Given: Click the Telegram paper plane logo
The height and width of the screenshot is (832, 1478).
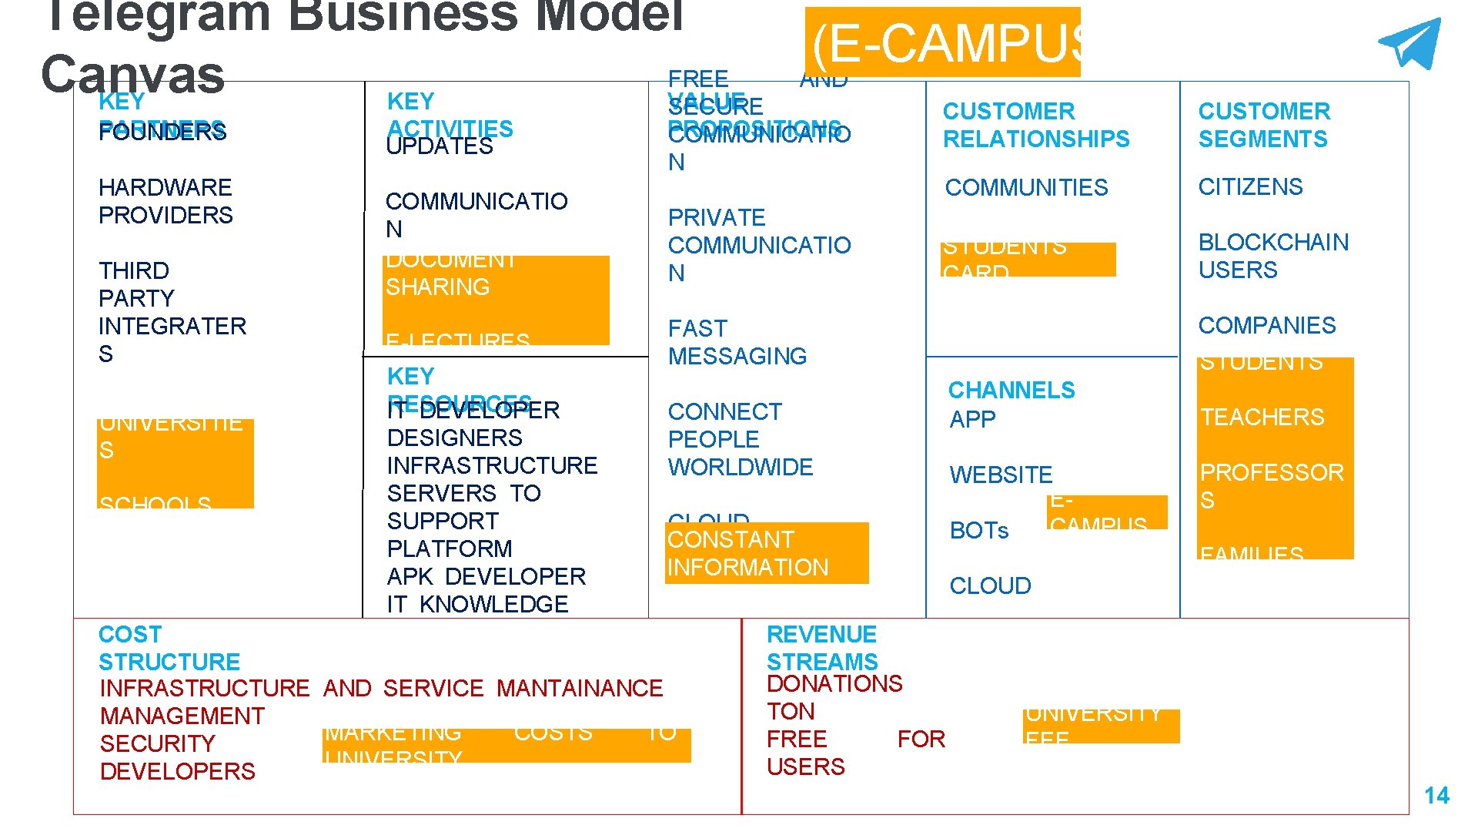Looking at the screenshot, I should [1411, 45].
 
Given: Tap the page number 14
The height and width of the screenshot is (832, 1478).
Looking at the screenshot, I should [1436, 795].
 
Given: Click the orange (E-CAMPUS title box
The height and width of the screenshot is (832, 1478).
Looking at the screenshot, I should [943, 43].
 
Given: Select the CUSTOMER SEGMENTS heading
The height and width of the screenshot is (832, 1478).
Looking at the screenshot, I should [1263, 125].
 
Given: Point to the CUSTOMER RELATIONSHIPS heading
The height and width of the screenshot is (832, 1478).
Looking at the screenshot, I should [1035, 125].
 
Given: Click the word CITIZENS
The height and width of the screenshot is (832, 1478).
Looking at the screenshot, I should [1250, 186].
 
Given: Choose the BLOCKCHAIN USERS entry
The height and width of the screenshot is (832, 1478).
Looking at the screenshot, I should [1272, 256].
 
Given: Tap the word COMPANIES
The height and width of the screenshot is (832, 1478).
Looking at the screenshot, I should [1266, 325].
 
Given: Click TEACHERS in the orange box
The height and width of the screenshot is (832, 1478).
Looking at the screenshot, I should [1262, 417].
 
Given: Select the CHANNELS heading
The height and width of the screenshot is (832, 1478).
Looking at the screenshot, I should [1011, 390].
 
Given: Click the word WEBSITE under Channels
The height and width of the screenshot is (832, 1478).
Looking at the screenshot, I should [1001, 475].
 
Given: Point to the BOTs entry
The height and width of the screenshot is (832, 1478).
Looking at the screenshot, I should [978, 530].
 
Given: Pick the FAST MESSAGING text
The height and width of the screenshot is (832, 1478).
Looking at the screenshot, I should [737, 342].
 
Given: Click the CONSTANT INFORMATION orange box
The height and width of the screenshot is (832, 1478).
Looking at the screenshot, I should [766, 553].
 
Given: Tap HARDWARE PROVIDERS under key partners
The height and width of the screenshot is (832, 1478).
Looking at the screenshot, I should [166, 201].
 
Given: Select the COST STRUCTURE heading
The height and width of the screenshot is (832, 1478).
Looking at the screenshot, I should [169, 648].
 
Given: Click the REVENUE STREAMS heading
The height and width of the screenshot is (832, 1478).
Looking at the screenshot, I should [821, 648].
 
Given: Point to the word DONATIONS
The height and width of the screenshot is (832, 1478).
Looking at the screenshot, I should [834, 683].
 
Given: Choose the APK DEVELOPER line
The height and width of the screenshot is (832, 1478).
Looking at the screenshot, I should [486, 576].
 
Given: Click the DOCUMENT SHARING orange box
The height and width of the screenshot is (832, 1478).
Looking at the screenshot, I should [495, 300].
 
